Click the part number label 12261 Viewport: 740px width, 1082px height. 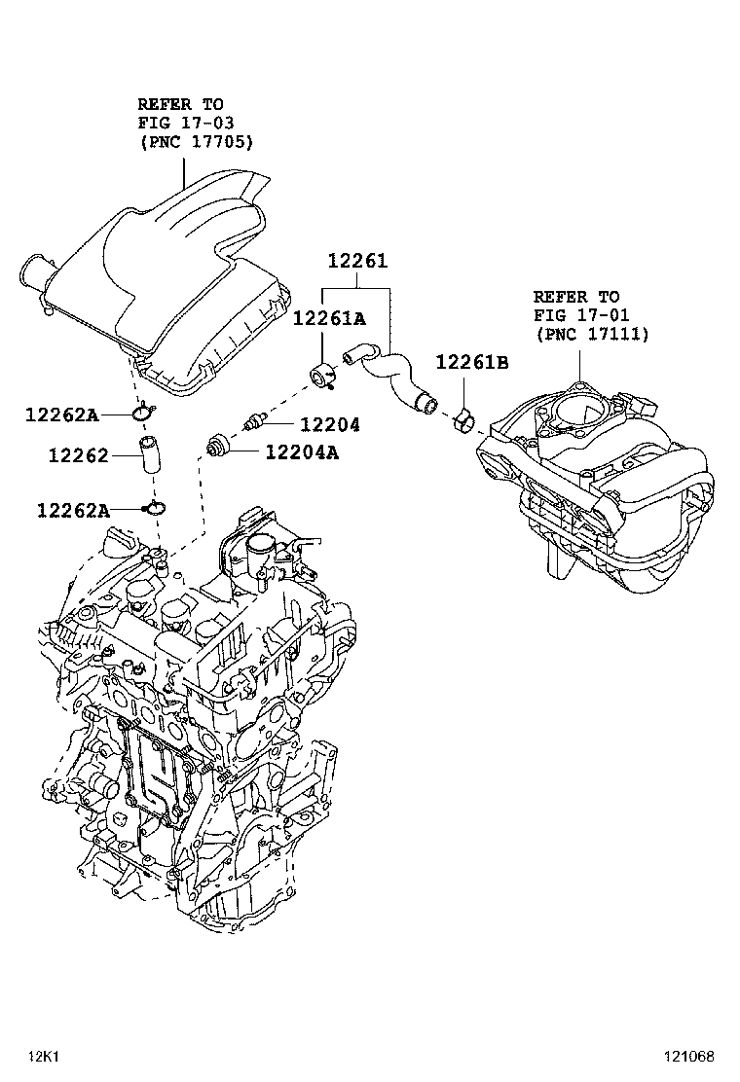[356, 261]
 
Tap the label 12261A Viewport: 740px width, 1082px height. [329, 317]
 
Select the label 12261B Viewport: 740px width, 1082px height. [471, 362]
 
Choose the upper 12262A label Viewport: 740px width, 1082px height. [61, 415]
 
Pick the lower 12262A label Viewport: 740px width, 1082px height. [73, 509]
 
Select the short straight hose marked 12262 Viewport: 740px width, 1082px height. [151, 455]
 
